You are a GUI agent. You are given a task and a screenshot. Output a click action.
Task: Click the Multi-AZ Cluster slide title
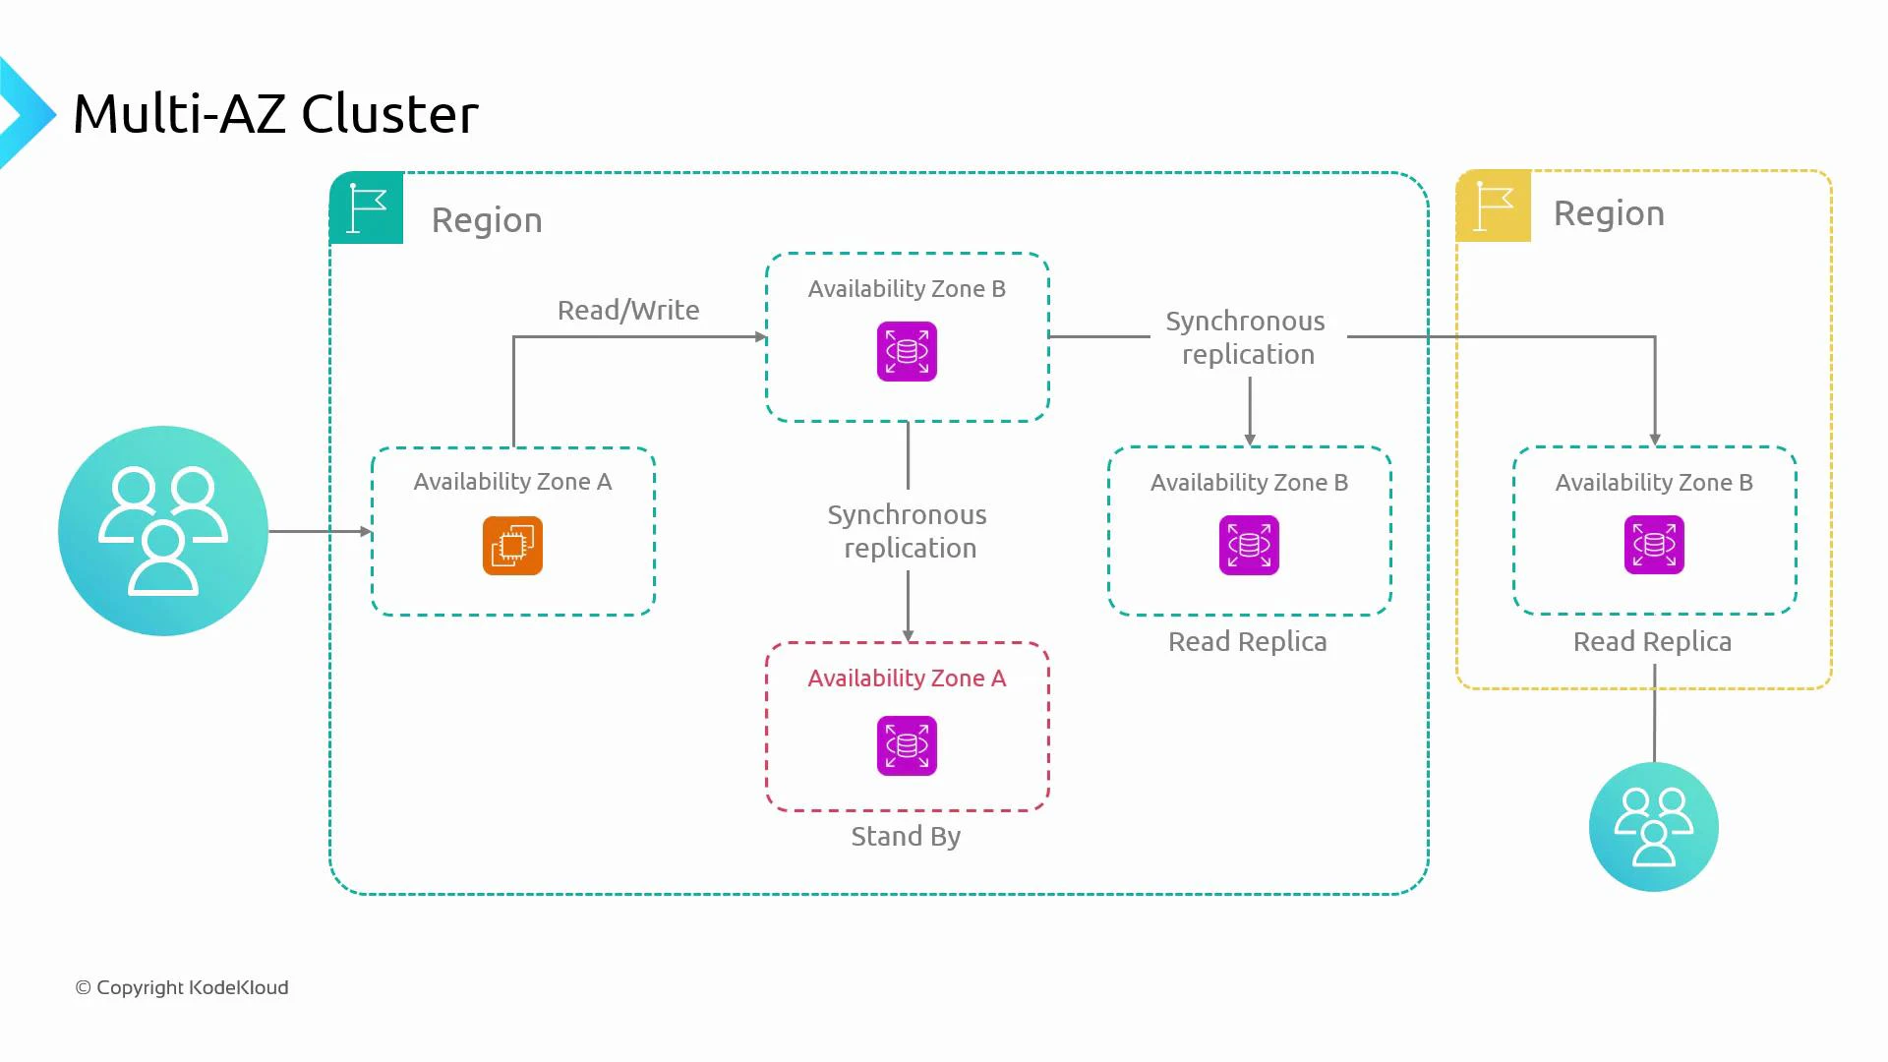(275, 114)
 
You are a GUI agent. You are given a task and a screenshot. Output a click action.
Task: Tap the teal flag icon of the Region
(367, 207)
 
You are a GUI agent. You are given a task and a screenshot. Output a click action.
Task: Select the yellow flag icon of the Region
(1494, 206)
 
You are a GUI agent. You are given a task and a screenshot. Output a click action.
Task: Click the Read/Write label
(628, 310)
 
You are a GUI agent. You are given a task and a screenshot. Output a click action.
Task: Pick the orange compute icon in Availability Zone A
(512, 546)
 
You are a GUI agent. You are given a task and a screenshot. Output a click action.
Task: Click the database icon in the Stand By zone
(907, 746)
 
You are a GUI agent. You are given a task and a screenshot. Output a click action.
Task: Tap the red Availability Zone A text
(907, 678)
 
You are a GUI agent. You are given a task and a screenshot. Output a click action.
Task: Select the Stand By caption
(906, 836)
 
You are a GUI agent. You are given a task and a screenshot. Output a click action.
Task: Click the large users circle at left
(163, 531)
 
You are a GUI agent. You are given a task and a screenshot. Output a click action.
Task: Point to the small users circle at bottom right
(1653, 827)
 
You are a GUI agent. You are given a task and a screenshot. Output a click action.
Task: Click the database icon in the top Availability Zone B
(907, 351)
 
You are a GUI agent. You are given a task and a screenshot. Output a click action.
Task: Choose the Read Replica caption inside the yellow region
(1652, 641)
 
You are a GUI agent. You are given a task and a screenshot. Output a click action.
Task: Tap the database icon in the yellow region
(1654, 545)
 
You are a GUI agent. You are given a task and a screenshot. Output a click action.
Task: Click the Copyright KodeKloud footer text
(182, 987)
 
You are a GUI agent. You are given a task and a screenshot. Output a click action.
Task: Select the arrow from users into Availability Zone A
(320, 531)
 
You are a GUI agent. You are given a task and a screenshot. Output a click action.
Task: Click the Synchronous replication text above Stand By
(908, 531)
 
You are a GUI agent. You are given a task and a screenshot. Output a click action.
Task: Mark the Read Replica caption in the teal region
(1247, 641)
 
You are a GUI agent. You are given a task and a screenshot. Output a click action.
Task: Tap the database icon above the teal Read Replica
(1249, 545)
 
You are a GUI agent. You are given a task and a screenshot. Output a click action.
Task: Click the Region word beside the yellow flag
(1609, 213)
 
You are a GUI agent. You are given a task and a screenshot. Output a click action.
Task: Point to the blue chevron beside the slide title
(25, 113)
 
